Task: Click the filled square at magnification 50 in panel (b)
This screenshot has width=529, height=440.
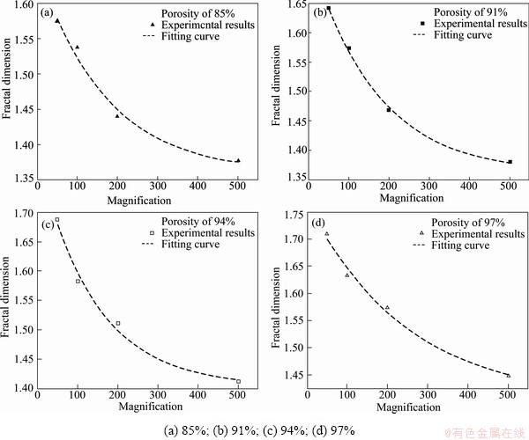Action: pos(329,9)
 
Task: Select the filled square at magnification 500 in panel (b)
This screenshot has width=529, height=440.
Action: pos(510,162)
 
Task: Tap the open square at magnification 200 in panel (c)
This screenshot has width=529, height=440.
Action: pos(117,323)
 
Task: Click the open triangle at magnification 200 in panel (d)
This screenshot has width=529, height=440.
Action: pos(387,307)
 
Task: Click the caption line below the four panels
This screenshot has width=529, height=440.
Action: pos(265,430)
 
